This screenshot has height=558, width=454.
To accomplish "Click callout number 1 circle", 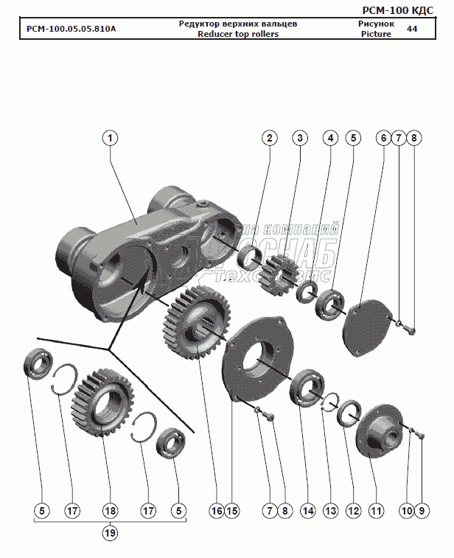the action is [x=110, y=138].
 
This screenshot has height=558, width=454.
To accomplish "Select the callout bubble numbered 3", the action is [x=299, y=138].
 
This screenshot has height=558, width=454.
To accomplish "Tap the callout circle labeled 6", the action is [x=383, y=138].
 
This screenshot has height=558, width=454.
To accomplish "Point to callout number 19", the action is [x=110, y=532].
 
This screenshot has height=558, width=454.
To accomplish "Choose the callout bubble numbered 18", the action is [x=110, y=510].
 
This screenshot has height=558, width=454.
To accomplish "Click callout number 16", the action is [x=216, y=510].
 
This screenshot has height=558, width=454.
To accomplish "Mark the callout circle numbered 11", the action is [x=377, y=510].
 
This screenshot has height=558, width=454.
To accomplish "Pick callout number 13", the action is [x=331, y=510].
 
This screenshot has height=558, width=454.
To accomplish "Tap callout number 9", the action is [x=422, y=510].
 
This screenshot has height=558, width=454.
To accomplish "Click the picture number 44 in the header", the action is [x=412, y=29].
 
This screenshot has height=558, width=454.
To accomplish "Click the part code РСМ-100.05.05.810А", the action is [x=71, y=29].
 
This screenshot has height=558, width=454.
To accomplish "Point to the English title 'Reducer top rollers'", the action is [x=238, y=35].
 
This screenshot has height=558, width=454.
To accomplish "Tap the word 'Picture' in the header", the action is [x=376, y=35].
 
